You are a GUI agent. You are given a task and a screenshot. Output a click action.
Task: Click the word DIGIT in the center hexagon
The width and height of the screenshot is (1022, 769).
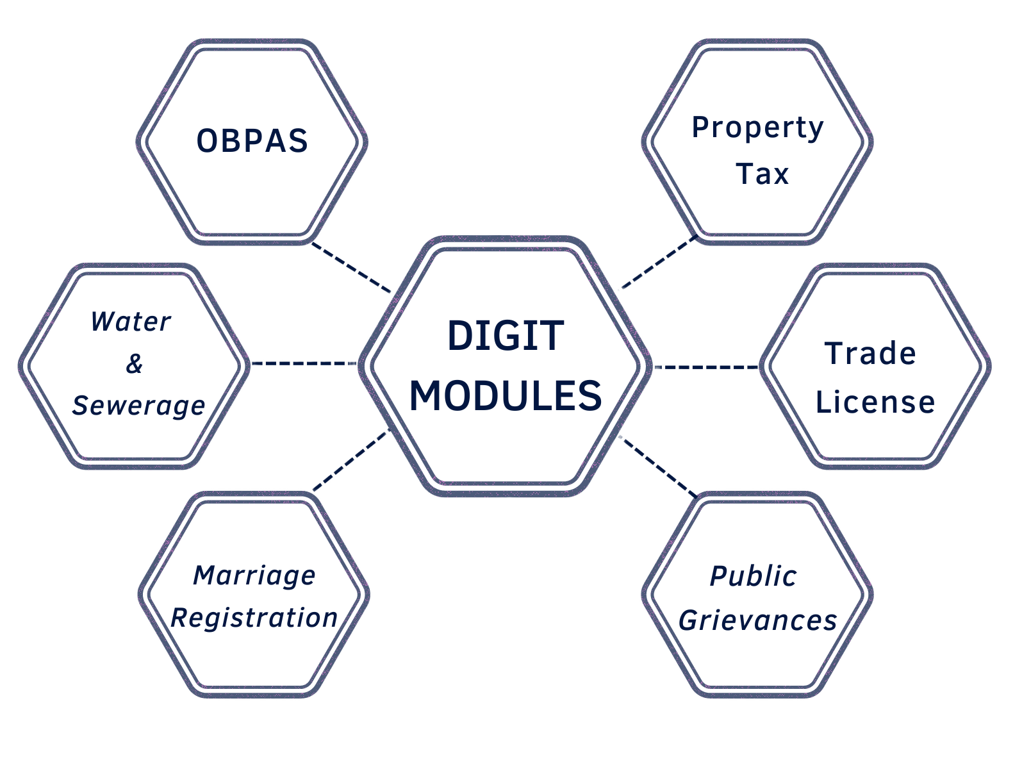point(505,336)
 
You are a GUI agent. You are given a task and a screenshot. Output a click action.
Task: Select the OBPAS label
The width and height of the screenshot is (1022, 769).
point(252,141)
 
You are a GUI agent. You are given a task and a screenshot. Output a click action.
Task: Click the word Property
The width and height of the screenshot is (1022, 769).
point(757,128)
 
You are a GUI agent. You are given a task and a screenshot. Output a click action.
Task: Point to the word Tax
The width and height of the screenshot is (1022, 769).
point(762,174)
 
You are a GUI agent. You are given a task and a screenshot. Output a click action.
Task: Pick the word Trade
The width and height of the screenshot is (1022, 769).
point(870,354)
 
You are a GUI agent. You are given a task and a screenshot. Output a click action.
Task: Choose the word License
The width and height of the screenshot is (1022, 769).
point(875,402)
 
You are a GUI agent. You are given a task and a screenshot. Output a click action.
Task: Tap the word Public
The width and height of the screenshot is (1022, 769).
point(753,576)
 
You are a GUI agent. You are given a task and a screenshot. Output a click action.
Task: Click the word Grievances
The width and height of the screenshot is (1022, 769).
point(757,620)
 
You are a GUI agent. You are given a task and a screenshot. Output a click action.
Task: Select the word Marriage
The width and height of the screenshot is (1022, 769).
point(254,575)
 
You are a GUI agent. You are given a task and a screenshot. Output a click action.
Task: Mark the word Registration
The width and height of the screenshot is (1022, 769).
point(254,618)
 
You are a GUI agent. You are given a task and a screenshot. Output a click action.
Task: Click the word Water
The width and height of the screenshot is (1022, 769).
point(131,322)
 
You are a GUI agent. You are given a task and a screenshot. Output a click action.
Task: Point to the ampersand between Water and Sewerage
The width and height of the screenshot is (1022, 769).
point(134,363)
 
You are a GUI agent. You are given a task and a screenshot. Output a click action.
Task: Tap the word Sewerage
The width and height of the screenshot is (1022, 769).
point(138,406)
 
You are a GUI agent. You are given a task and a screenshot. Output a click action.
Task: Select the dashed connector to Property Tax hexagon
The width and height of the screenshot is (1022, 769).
point(657,263)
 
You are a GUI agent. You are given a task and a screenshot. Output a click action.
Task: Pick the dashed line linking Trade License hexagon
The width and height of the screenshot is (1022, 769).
point(705,367)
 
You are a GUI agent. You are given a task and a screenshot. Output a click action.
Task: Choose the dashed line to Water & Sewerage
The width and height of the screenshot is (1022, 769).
point(303,363)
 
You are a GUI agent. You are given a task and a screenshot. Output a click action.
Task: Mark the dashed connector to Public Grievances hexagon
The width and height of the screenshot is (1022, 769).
point(659,466)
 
